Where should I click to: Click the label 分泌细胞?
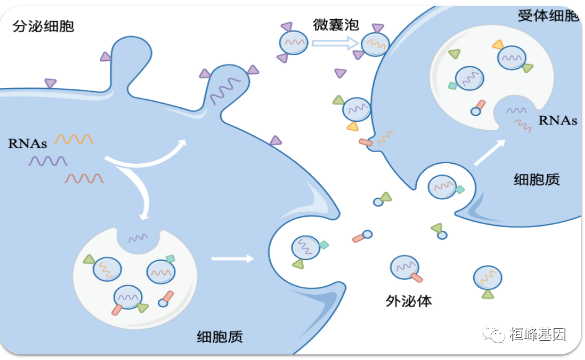click(x=43, y=26)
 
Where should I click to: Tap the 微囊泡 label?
click(x=335, y=25)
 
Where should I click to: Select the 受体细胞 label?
click(x=547, y=16)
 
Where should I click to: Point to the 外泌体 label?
click(x=409, y=302)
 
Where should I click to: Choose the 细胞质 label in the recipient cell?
click(x=537, y=179)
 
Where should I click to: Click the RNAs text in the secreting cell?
click(x=27, y=143)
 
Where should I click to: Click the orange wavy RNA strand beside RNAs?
click(x=74, y=139)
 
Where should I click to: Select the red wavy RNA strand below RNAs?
click(x=84, y=179)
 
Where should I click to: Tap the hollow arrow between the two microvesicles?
click(x=335, y=43)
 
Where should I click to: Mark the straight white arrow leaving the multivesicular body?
click(x=232, y=258)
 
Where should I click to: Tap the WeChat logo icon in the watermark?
click(x=495, y=335)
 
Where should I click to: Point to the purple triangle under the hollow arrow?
click(x=340, y=73)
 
